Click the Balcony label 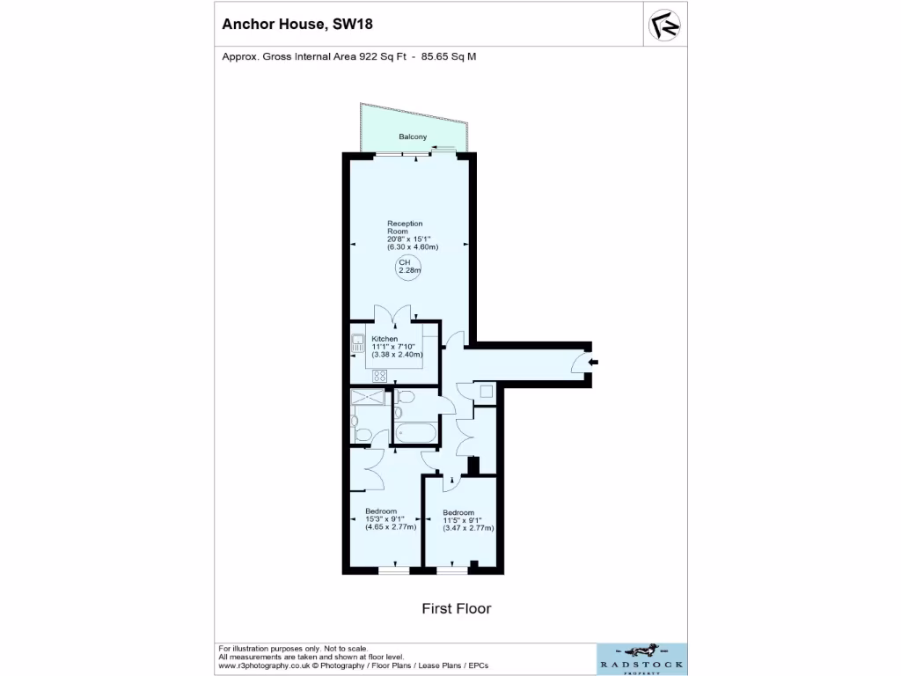click(413, 136)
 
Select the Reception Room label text click(405, 227)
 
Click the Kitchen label click(385, 339)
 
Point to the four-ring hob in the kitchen click(380, 376)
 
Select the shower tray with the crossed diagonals click(370, 398)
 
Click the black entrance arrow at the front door click(593, 361)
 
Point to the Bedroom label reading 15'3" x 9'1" click(381, 511)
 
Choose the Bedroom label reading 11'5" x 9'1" click(458, 513)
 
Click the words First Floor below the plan click(456, 608)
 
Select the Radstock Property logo click(641, 658)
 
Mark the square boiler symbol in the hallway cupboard click(487, 393)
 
